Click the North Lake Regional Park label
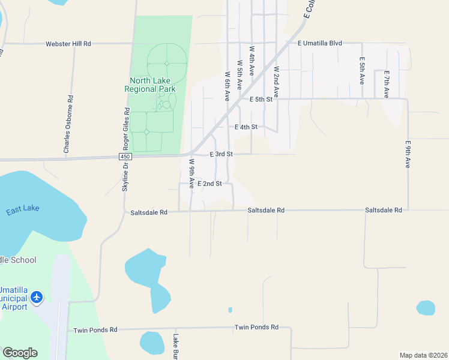[150, 85]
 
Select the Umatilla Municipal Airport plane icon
[37, 297]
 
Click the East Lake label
[23, 209]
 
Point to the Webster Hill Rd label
[68, 44]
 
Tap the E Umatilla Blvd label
[319, 43]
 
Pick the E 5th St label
[261, 99]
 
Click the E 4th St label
[246, 127]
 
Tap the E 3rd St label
[221, 154]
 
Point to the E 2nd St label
[210, 183]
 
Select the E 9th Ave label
[408, 154]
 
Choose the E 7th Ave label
[387, 84]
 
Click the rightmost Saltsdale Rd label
[383, 210]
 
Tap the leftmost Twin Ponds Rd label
[95, 330]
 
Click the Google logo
[20, 353]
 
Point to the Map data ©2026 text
[423, 355]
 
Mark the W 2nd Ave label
[276, 82]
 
